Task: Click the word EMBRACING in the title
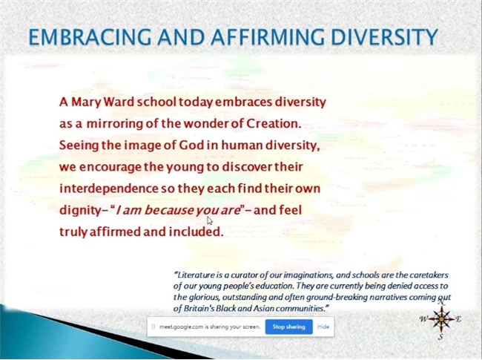90,37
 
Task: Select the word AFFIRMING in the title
267,37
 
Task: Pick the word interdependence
109,189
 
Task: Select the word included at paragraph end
196,232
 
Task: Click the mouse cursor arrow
209,220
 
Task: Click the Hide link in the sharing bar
323,327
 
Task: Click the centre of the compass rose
441,319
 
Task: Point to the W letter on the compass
424,319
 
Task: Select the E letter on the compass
458,319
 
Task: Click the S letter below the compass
440,337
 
